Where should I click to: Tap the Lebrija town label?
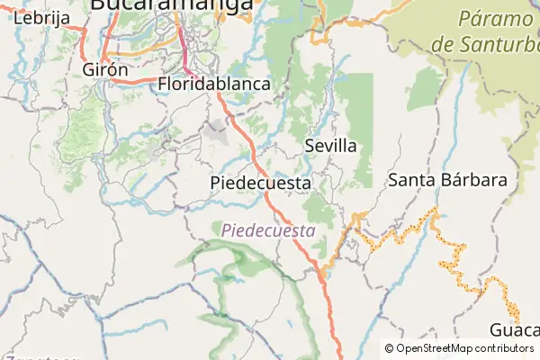[36, 18]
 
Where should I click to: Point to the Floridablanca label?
[214, 84]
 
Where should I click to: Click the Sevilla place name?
[331, 146]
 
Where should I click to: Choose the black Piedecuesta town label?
[260, 183]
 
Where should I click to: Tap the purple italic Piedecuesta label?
[268, 230]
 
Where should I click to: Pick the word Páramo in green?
[496, 19]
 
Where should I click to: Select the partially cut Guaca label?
[515, 329]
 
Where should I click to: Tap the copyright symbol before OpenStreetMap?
[389, 348]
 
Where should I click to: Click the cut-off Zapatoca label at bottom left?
[40, 356]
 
